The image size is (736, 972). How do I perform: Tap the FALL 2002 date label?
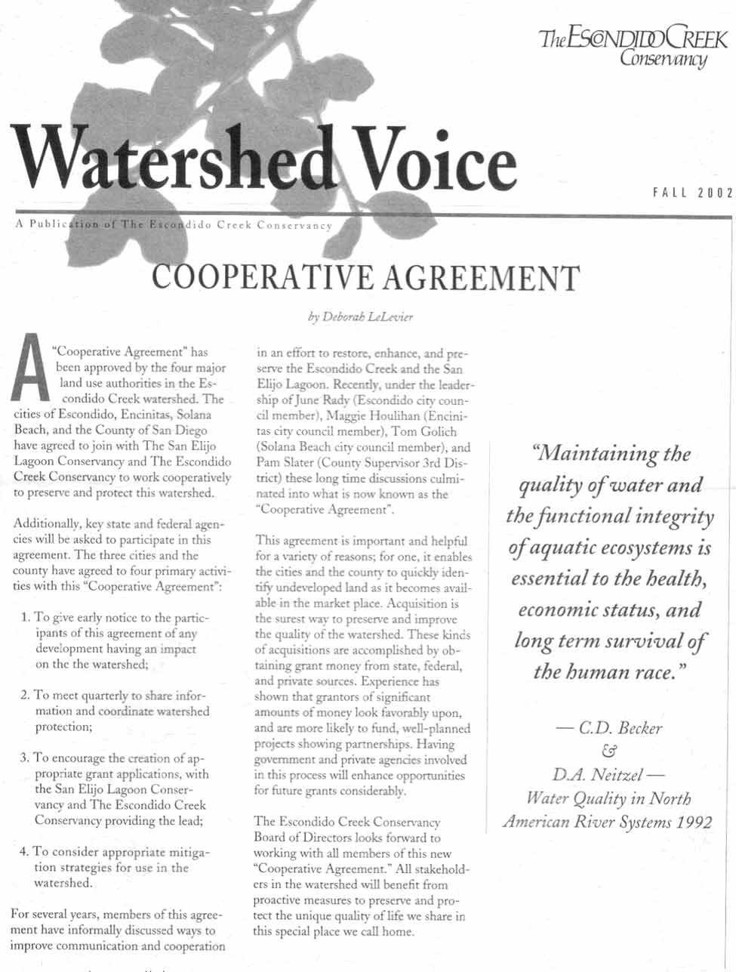(692, 193)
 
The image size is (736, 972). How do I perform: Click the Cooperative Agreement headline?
(365, 277)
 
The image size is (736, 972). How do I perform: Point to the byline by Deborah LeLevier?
(360, 317)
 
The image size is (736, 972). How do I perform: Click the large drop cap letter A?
(29, 368)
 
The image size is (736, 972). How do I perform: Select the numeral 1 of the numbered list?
(26, 618)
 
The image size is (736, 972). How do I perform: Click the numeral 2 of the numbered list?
(25, 696)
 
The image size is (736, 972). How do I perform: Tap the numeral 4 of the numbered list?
(24, 852)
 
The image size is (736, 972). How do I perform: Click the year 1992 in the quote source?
(694, 822)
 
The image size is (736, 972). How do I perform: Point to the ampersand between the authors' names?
(609, 751)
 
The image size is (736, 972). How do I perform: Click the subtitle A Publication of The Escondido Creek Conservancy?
(174, 225)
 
